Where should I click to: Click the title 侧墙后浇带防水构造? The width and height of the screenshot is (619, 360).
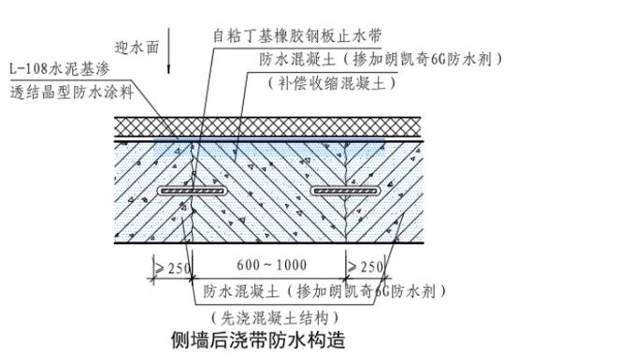click(x=257, y=338)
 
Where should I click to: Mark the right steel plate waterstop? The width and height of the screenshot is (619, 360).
click(x=346, y=190)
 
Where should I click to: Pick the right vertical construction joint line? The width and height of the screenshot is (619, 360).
click(x=347, y=224)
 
